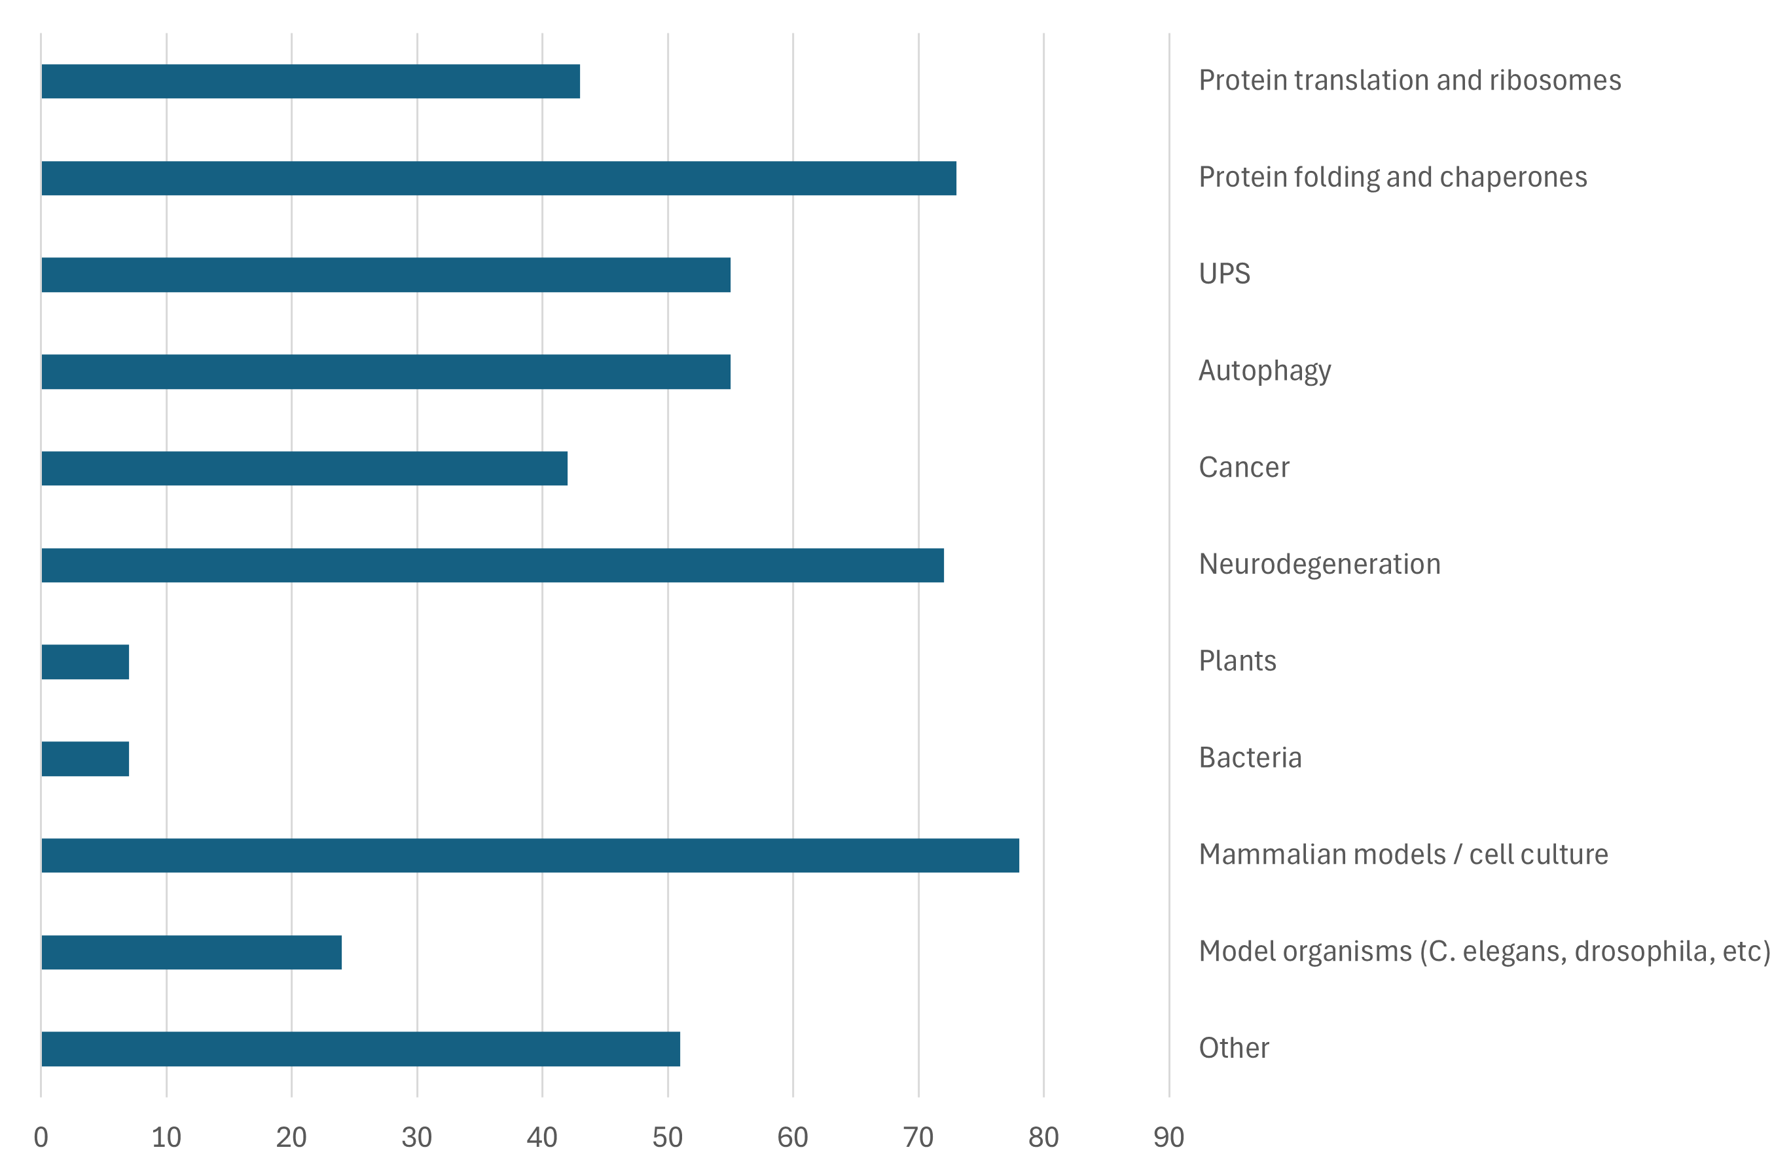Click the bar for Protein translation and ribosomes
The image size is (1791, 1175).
(x=310, y=81)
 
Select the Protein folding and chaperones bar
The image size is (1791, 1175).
(x=498, y=178)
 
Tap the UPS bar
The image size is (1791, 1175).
(x=386, y=274)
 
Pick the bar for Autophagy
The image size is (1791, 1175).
(x=386, y=372)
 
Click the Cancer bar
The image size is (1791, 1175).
(x=304, y=468)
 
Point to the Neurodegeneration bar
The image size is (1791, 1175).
(x=492, y=565)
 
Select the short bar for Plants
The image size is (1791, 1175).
(x=85, y=662)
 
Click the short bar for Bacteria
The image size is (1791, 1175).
(x=85, y=758)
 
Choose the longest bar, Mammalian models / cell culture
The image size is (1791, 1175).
(x=530, y=855)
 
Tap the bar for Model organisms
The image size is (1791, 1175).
(x=191, y=952)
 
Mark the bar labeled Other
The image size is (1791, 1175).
(x=361, y=1049)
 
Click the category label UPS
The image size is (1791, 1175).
(x=1224, y=274)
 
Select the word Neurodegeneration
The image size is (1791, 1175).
(x=1319, y=565)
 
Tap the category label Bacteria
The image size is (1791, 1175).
(x=1250, y=758)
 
